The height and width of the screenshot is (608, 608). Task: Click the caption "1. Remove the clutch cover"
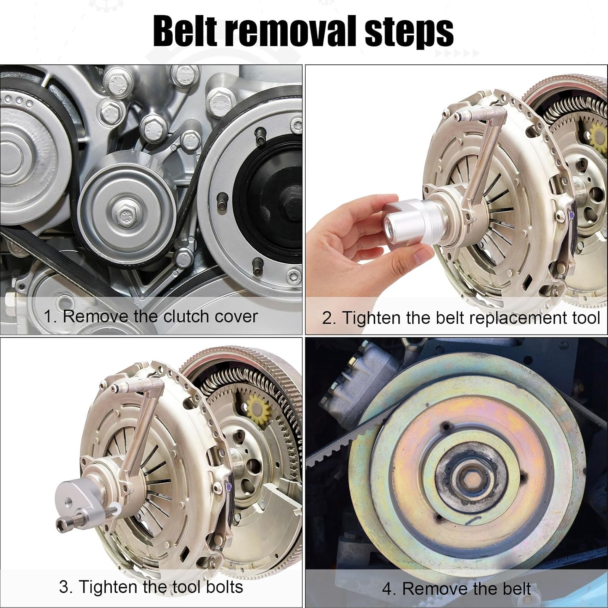pyautogui.click(x=150, y=317)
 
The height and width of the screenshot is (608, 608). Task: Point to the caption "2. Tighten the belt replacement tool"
pyautogui.click(x=460, y=318)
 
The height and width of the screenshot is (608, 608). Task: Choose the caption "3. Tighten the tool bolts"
pyautogui.click(x=151, y=587)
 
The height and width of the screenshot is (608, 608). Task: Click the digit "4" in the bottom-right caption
pyautogui.click(x=387, y=589)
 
